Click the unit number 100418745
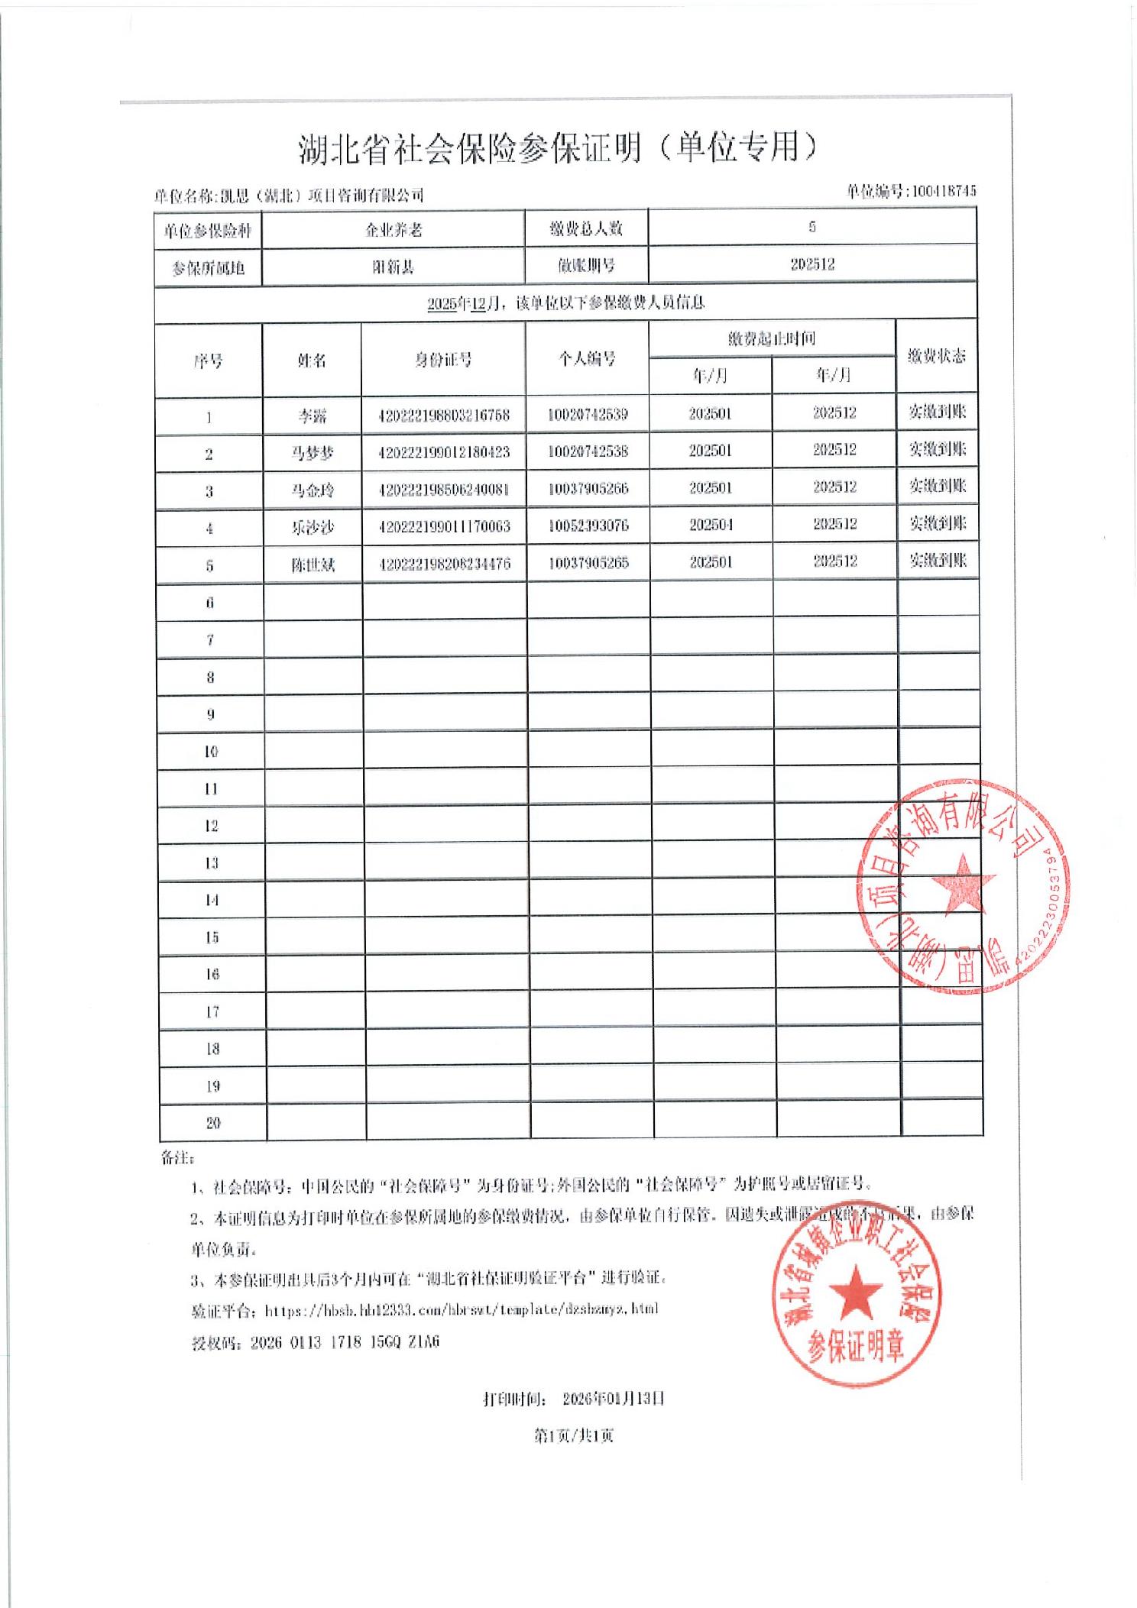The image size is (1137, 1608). click(x=944, y=191)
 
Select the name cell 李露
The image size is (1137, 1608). click(x=313, y=416)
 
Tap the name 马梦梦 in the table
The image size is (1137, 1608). click(x=313, y=453)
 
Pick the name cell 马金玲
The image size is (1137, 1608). click(x=313, y=490)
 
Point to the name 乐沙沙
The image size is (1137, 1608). click(x=313, y=527)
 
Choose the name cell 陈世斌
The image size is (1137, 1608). click(x=313, y=565)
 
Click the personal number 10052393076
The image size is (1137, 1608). click(x=588, y=526)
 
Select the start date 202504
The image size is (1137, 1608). click(x=711, y=525)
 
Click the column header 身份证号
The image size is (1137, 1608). click(x=443, y=360)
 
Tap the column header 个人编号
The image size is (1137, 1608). click(x=587, y=358)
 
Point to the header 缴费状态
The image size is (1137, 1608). click(x=937, y=356)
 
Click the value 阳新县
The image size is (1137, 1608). click(x=393, y=267)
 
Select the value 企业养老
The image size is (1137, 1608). click(x=393, y=229)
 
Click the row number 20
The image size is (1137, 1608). click(x=213, y=1123)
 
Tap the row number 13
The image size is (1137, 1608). click(x=212, y=863)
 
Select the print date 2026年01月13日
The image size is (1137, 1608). click(x=613, y=1399)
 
